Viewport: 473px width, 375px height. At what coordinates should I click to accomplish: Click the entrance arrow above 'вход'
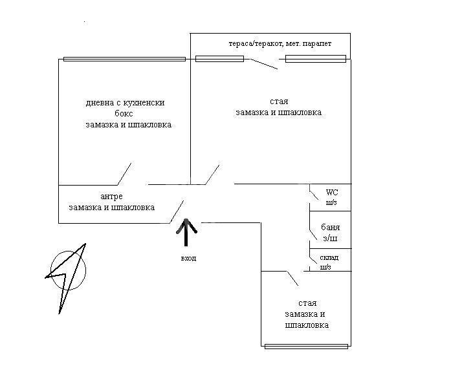click(186, 232)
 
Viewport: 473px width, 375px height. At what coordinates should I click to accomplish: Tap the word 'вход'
click(188, 259)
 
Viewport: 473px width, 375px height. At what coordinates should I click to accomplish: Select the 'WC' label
click(332, 192)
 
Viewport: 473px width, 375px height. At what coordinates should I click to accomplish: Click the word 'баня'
click(330, 228)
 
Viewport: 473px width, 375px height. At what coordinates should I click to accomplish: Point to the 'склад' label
click(329, 258)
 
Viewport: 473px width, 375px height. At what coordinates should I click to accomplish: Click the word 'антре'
click(111, 197)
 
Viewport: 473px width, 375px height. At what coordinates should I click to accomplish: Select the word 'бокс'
click(124, 114)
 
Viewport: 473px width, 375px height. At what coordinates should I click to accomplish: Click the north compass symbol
click(67, 277)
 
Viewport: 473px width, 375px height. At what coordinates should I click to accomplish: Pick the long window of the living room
click(124, 59)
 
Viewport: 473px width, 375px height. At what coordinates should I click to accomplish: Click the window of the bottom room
click(306, 347)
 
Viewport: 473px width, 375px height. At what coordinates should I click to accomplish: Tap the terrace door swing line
click(264, 64)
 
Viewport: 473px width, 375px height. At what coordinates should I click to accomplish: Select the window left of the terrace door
click(219, 59)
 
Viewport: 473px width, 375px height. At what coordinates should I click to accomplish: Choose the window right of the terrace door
click(316, 59)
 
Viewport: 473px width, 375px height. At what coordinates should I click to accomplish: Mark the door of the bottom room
click(292, 278)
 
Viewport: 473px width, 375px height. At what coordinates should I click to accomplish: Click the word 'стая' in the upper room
click(279, 102)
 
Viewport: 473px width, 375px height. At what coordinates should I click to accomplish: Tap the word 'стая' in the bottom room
click(307, 303)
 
